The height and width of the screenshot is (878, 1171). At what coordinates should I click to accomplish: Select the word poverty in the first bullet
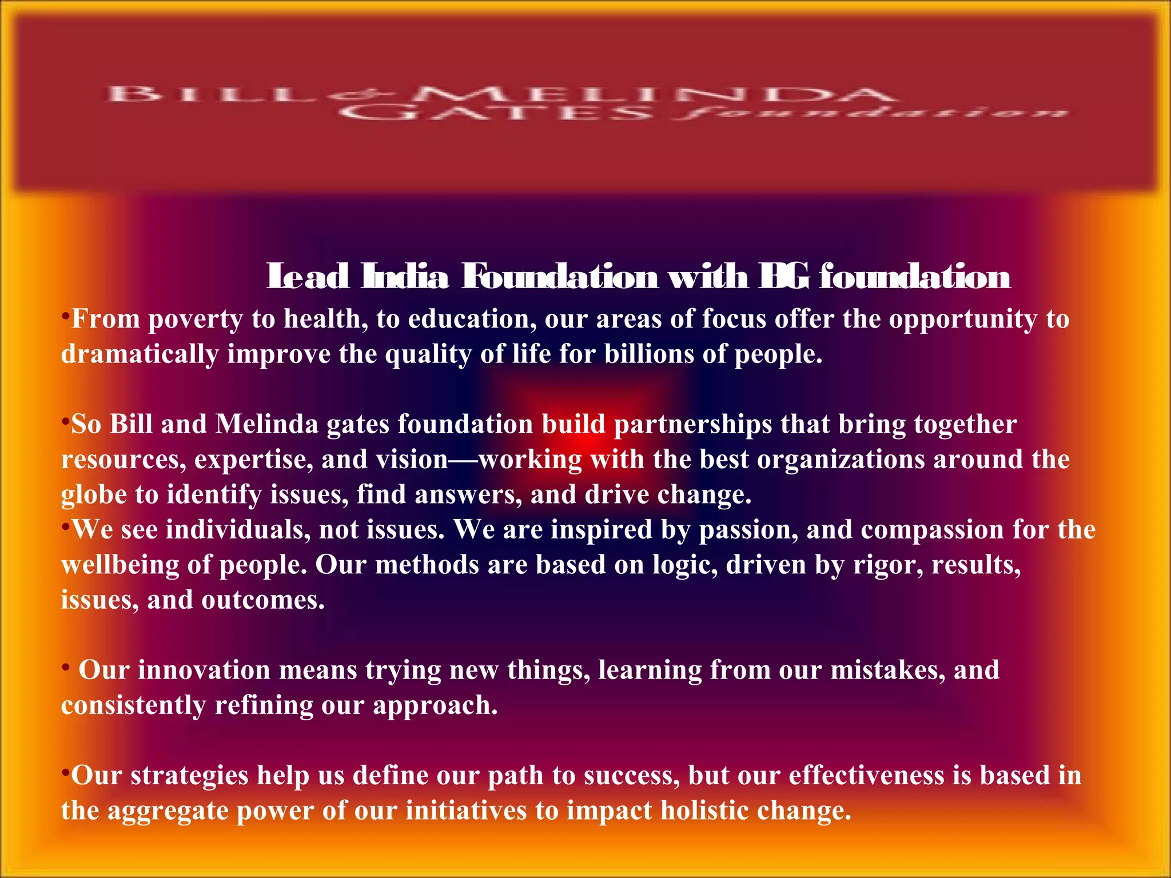point(196,319)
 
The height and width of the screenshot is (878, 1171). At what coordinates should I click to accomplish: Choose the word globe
point(94,495)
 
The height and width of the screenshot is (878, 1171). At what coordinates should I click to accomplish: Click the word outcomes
point(263,600)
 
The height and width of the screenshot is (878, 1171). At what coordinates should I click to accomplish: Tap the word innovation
point(204,671)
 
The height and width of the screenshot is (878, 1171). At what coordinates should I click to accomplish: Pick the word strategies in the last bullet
point(189,776)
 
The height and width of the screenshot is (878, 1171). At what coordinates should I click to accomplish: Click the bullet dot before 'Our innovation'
point(66,667)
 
